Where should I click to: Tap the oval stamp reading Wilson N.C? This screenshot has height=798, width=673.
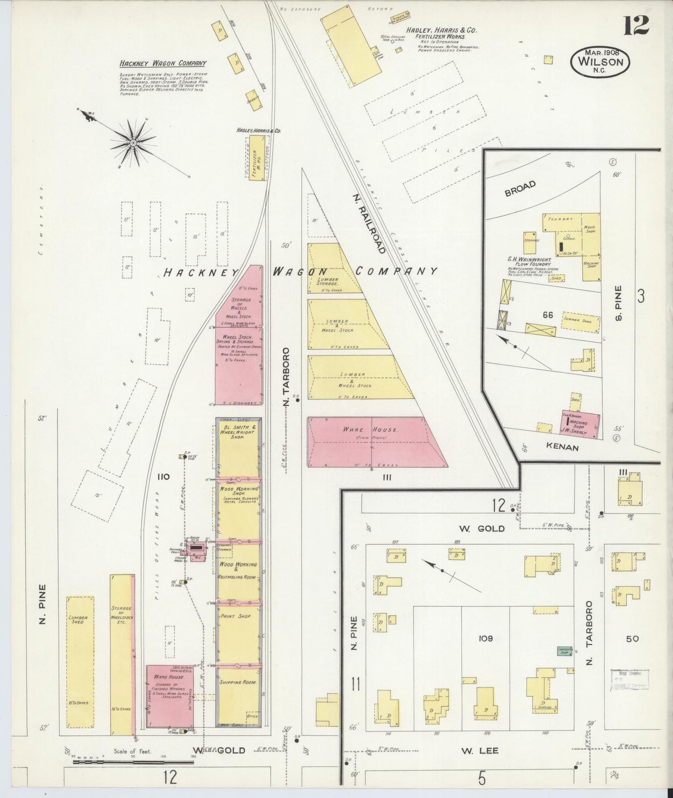point(601,61)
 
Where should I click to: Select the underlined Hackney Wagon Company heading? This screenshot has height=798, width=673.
point(163,64)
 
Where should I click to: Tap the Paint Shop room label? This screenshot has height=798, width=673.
point(238,616)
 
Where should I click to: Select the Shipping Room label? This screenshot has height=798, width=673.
point(238,682)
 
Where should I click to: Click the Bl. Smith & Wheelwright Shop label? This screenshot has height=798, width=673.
point(238,433)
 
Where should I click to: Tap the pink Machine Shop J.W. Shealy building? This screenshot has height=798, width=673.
point(581,426)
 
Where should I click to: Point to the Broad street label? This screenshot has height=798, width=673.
point(520,188)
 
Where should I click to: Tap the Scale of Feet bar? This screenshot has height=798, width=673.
point(133,762)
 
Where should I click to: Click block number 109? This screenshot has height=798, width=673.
point(485,639)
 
